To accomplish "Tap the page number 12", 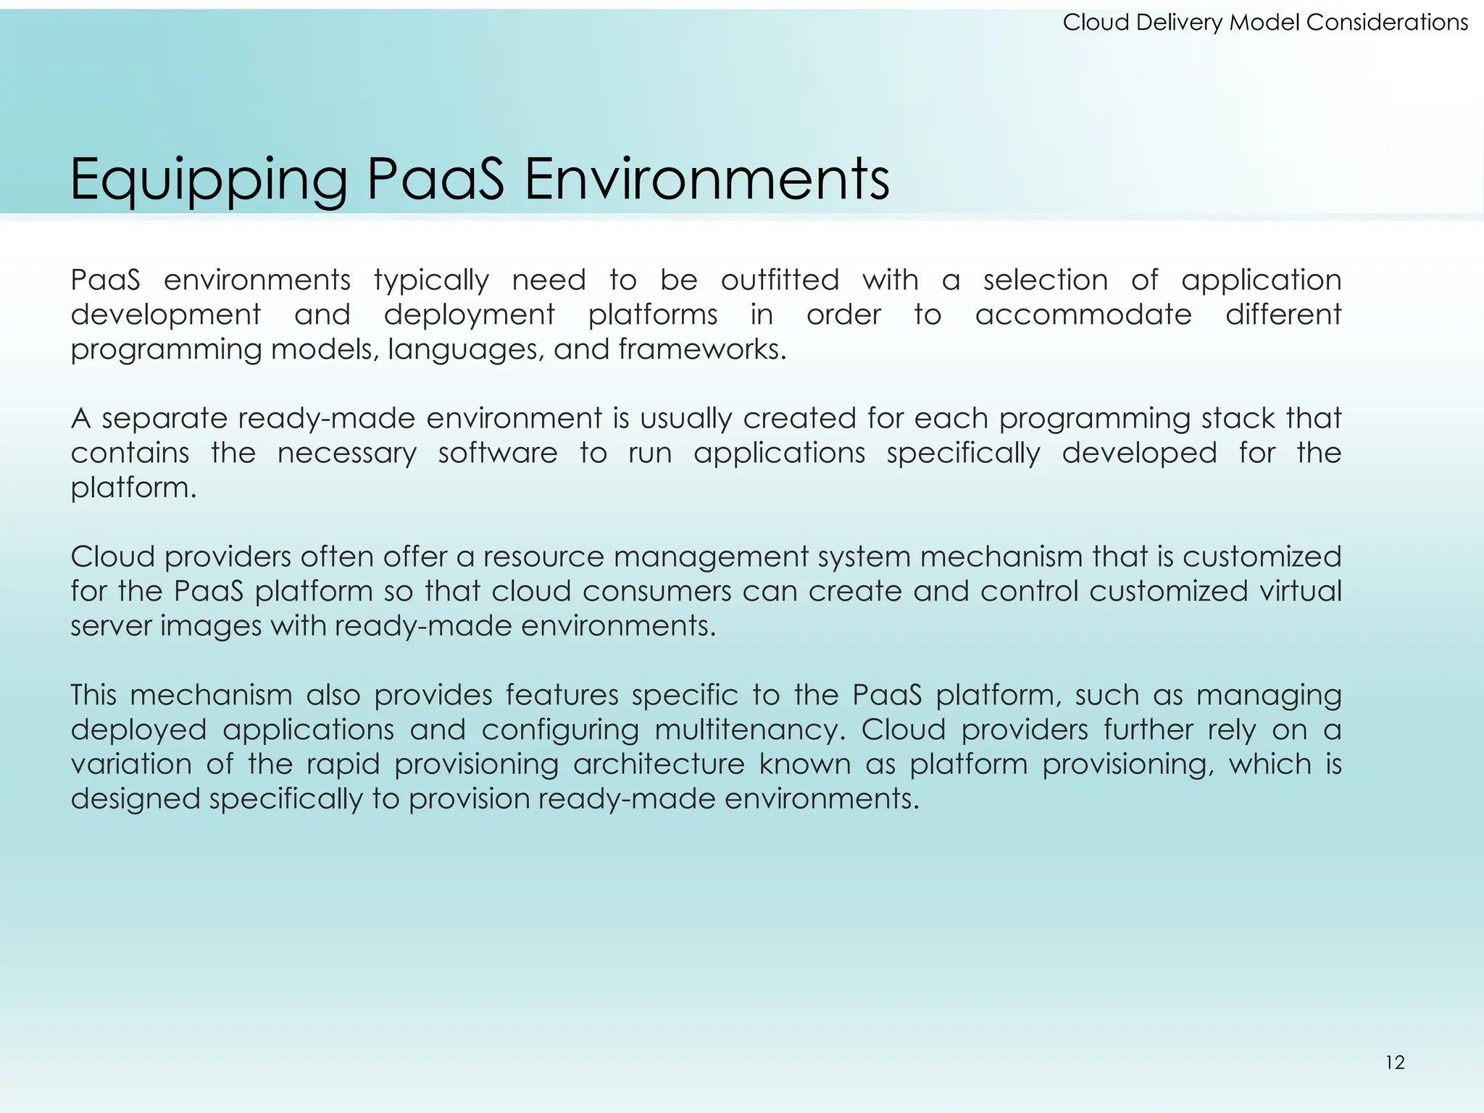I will click(1395, 1063).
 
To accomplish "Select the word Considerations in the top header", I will click(1387, 22).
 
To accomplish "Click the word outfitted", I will click(780, 280).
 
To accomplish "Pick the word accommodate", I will click(1083, 314).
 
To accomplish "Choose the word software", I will click(498, 453).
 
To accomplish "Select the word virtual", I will click(1301, 591).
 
